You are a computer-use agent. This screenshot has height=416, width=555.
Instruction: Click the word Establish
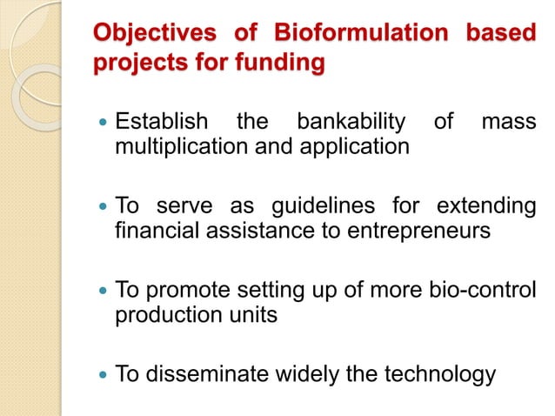click(x=162, y=120)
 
